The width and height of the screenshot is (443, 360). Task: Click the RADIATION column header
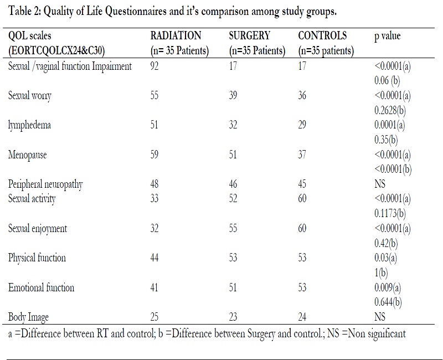click(x=176, y=36)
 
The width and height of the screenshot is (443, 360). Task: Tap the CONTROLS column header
click(x=322, y=36)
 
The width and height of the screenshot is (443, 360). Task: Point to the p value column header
click(x=388, y=36)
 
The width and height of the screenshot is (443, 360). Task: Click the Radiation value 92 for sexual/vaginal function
click(x=156, y=66)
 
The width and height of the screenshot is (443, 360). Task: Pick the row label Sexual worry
click(x=30, y=96)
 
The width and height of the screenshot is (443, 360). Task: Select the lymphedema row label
click(x=29, y=125)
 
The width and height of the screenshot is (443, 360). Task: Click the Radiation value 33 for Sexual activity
click(x=156, y=198)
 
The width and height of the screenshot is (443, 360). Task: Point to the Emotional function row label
click(x=41, y=287)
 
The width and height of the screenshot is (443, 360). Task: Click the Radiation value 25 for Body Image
click(x=156, y=317)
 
